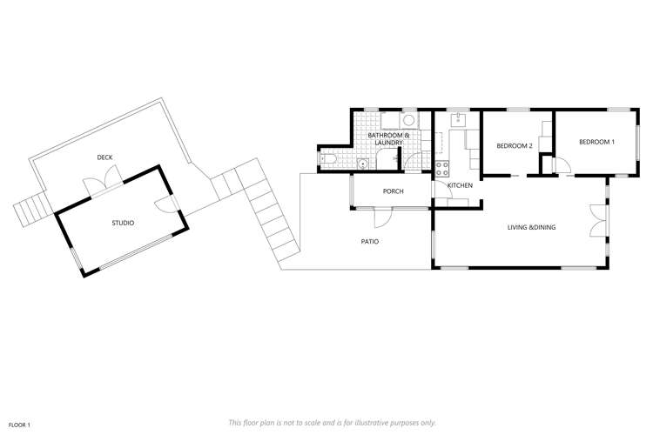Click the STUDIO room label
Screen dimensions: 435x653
click(123, 224)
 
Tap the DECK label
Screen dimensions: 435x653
click(104, 157)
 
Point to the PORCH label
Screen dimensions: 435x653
click(393, 191)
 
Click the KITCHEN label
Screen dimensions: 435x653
click(460, 186)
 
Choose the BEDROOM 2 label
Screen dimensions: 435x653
click(514, 145)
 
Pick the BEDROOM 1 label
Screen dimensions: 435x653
click(596, 142)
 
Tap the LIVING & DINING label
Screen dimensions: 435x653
click(531, 228)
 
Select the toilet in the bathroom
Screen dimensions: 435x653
click(326, 159)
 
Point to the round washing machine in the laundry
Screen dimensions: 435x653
click(408, 122)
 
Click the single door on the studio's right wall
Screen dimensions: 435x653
click(165, 204)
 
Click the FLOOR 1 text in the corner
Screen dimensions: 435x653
click(19, 424)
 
